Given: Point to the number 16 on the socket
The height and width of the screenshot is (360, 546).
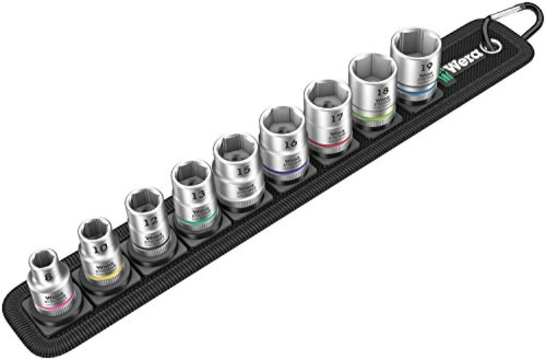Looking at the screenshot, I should click(291, 143).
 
